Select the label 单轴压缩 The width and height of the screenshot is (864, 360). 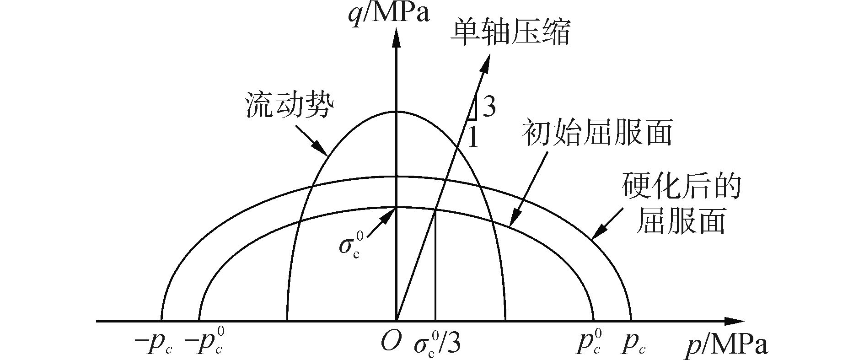pyautogui.click(x=510, y=33)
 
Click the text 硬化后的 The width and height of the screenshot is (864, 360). pyautogui.click(x=681, y=188)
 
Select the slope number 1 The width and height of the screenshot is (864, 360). pyautogui.click(x=473, y=138)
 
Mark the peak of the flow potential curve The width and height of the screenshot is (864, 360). pyautogui.click(x=396, y=112)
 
